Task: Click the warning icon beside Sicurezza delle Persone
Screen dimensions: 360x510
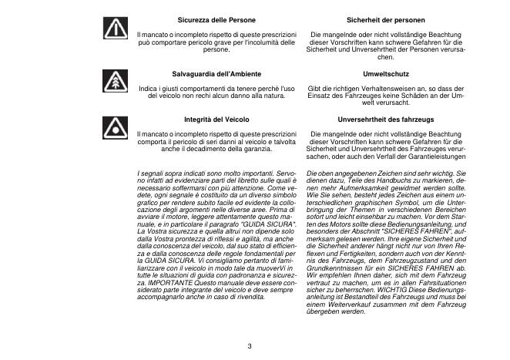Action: [x=115, y=29]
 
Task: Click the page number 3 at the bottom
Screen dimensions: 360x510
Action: [x=250, y=345]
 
